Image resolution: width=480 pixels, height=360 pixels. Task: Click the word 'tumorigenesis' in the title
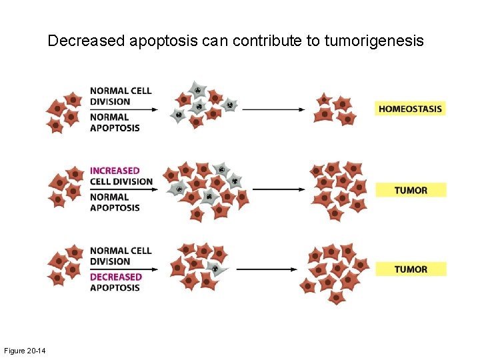374,41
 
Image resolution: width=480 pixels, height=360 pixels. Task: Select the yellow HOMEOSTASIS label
409,109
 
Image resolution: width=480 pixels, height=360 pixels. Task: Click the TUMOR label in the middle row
411,190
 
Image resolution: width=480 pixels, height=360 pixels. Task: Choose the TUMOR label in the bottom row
411,269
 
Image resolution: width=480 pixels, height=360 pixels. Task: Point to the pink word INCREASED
115,171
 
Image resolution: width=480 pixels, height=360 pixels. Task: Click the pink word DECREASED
116,277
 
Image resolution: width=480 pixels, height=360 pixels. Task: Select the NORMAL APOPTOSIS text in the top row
115,123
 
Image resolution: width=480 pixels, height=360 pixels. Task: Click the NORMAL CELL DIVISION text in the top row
121,96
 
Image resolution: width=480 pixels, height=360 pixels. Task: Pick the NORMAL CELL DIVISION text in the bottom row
121,256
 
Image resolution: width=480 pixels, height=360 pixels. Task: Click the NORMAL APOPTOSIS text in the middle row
115,202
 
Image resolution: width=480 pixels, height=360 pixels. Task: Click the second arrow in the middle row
278,189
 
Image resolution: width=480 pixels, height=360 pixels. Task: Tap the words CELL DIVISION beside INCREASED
121,181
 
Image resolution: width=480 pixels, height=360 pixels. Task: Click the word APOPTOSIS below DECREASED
115,287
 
